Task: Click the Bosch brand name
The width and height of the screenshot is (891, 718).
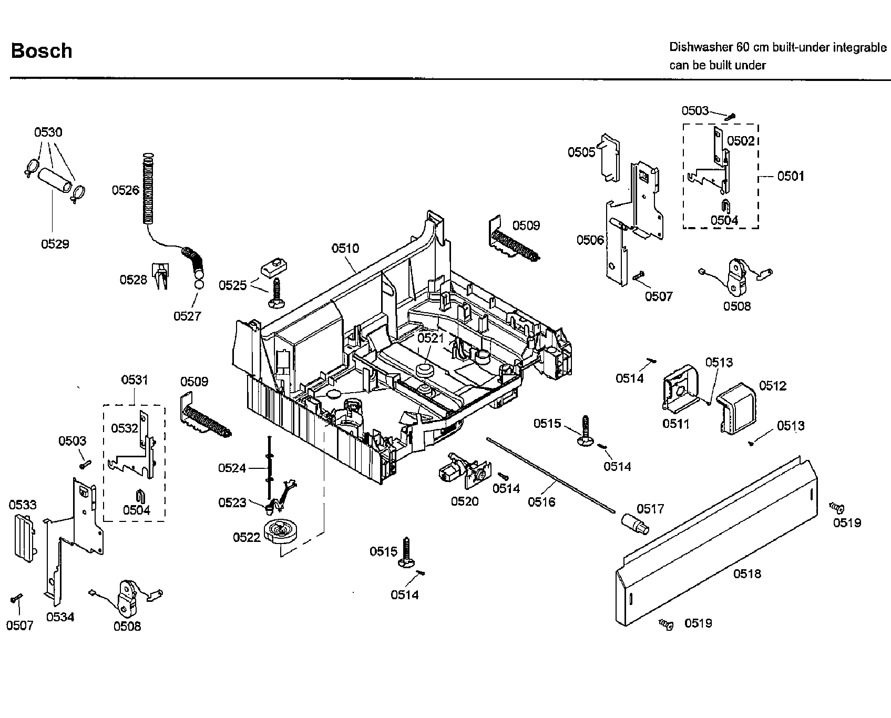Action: tap(42, 51)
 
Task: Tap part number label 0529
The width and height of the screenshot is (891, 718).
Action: tap(55, 244)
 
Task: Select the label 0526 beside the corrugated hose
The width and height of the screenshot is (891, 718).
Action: tap(125, 190)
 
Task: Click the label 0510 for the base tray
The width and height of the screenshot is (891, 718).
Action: tap(345, 248)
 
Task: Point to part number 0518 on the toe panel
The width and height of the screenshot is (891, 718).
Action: tap(747, 573)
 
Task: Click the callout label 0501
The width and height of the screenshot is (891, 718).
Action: tap(791, 176)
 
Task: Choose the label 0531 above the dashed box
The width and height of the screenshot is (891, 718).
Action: tap(135, 379)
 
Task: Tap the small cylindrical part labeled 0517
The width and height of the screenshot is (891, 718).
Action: tap(634, 524)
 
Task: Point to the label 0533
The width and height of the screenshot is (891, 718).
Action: tap(23, 505)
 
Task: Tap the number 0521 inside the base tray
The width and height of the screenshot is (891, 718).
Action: tap(431, 338)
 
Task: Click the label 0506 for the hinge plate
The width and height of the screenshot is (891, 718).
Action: tap(590, 240)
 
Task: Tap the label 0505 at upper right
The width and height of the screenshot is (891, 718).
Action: tap(581, 152)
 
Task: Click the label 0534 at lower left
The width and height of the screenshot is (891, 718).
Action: tap(60, 617)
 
